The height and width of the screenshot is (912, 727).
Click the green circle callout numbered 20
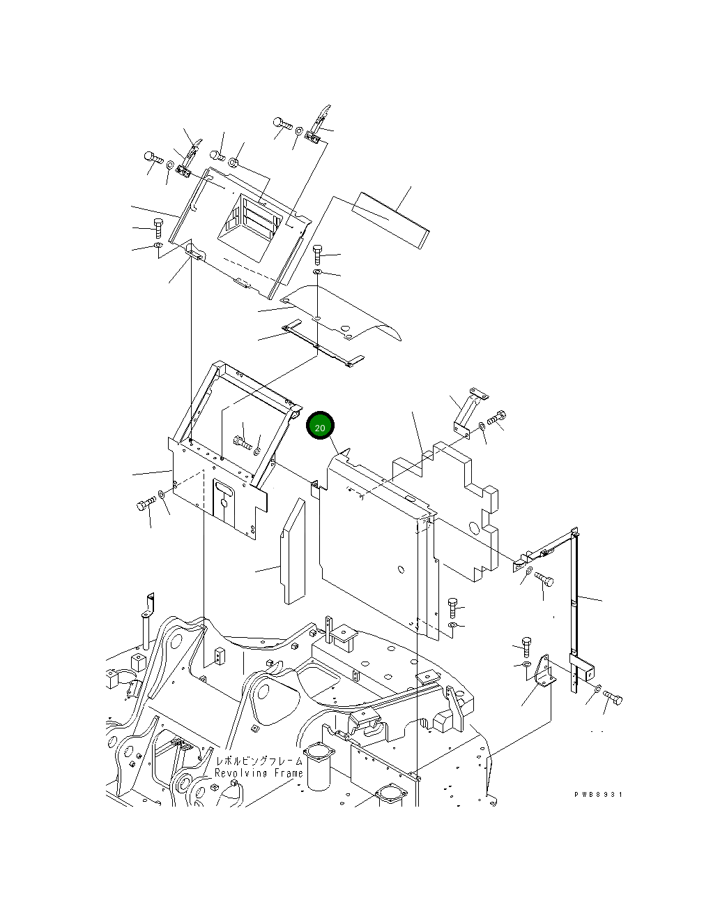(320, 427)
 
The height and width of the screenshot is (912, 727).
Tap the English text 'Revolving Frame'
(259, 773)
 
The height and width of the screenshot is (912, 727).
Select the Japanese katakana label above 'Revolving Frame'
(259, 761)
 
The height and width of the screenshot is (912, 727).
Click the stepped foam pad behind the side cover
(463, 509)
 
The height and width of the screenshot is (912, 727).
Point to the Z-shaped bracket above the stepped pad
(468, 412)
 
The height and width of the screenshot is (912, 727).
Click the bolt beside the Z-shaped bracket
(496, 419)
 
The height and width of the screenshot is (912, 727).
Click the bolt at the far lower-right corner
(613, 697)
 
